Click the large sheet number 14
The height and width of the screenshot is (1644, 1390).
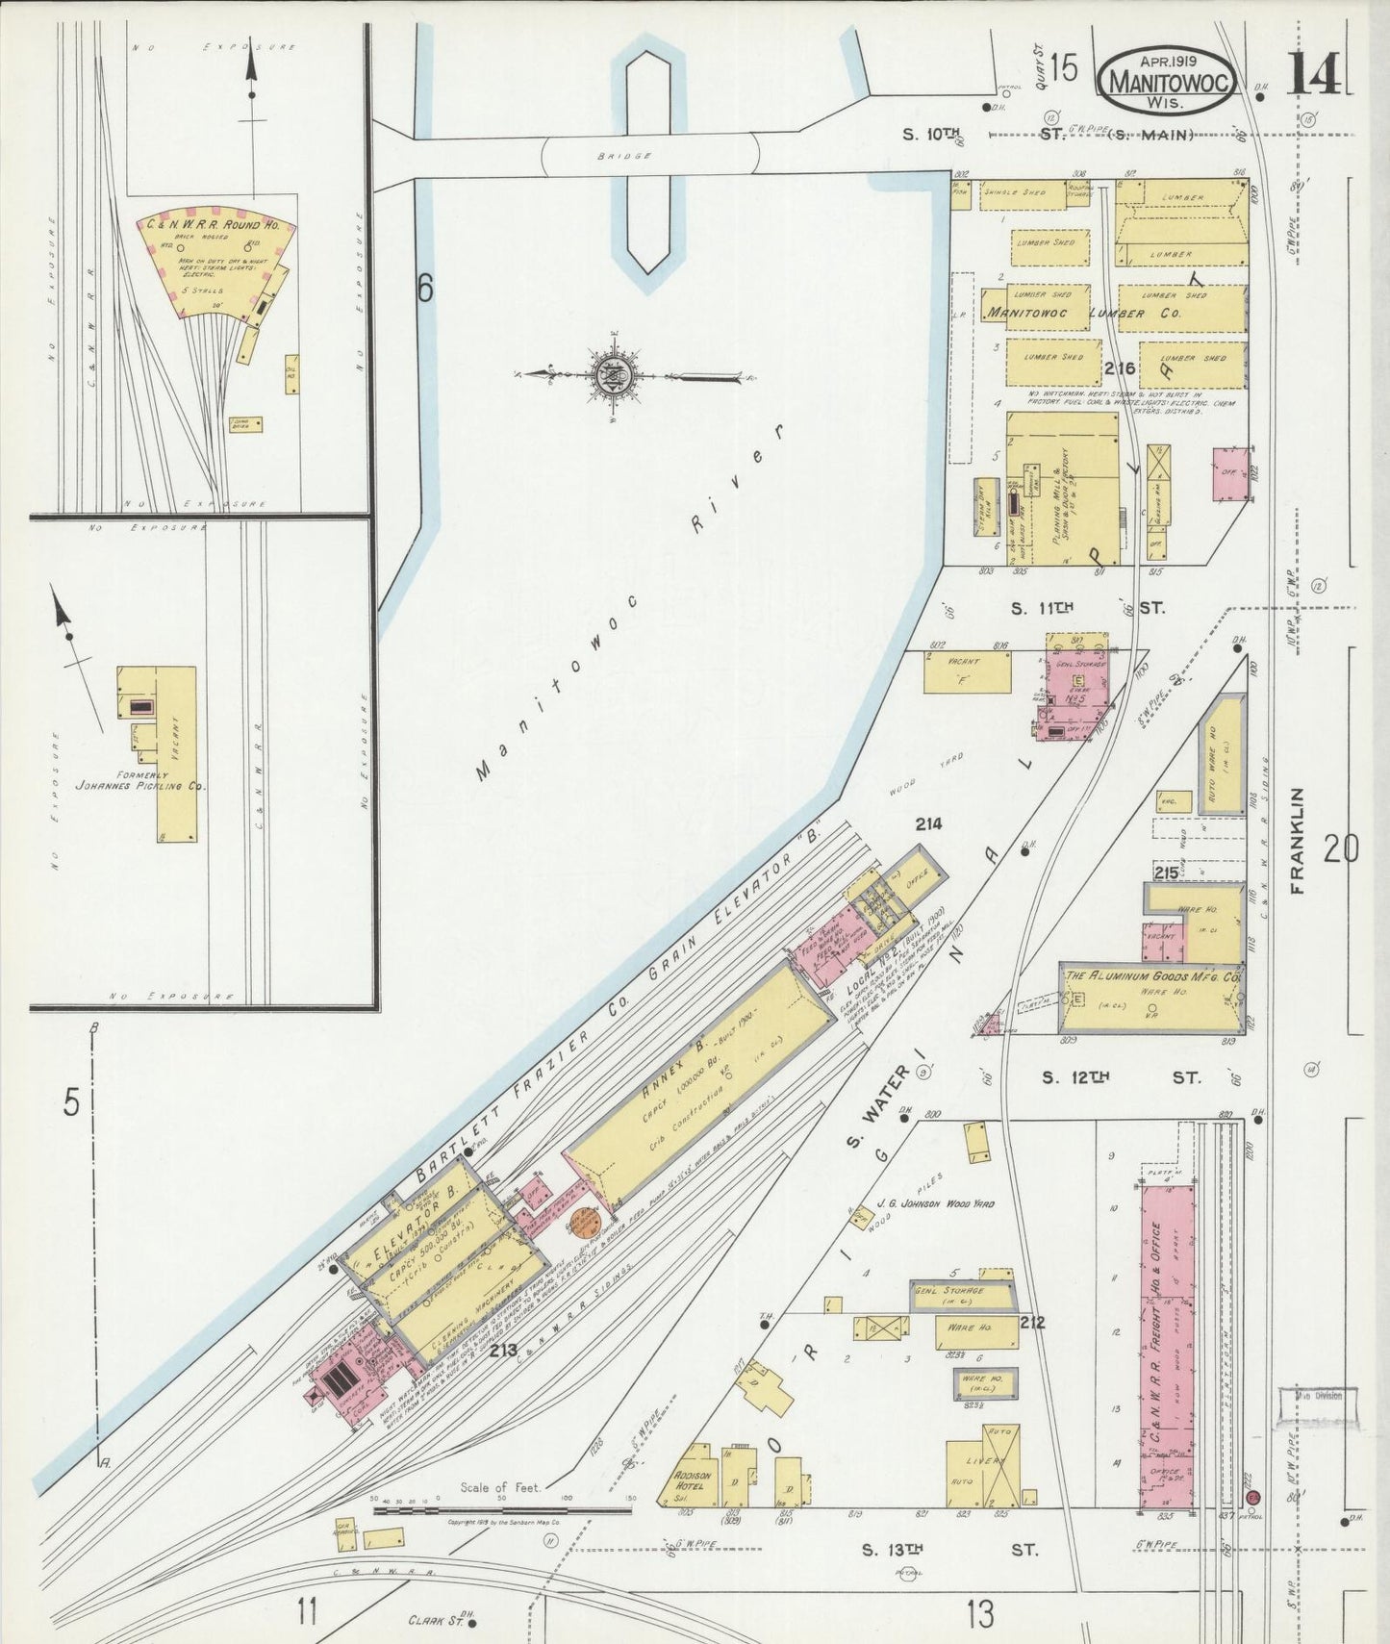[x=1313, y=73]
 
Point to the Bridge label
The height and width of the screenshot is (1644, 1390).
[x=623, y=155]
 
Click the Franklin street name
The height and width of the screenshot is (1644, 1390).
[x=1299, y=842]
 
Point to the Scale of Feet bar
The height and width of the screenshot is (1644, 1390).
[x=500, y=1509]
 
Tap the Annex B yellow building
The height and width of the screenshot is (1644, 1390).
[x=700, y=1082]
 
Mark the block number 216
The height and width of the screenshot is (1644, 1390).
[x=1120, y=369]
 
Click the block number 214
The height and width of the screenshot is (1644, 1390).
[x=928, y=823]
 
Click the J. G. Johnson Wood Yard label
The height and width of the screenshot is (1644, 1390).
[x=935, y=1203]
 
